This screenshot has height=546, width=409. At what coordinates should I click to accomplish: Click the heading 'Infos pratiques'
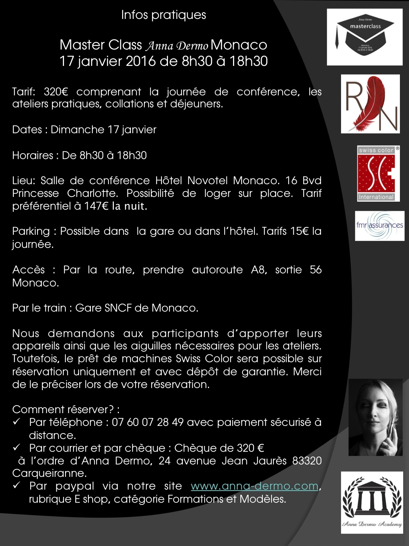[x=163, y=15]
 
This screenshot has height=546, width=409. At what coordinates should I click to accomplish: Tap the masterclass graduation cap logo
[x=365, y=37]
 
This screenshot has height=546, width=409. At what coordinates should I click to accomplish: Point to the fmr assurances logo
[x=380, y=226]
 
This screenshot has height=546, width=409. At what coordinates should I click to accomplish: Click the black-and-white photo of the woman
[x=376, y=417]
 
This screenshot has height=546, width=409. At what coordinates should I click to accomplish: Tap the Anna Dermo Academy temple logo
[x=372, y=502]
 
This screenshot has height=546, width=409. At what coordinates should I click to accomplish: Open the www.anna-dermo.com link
[x=254, y=486]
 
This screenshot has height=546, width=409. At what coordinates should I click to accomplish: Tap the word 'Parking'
[x=31, y=232]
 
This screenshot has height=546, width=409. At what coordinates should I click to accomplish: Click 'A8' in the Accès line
[x=258, y=270]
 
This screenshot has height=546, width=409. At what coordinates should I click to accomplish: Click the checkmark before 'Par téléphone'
[x=16, y=422]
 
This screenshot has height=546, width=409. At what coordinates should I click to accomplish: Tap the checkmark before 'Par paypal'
[x=16, y=486]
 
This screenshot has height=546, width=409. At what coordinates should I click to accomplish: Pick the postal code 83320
[x=307, y=461]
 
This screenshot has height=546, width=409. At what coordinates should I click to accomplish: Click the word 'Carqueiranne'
[x=49, y=474]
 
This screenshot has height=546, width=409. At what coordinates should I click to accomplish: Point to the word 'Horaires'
[x=33, y=155]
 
